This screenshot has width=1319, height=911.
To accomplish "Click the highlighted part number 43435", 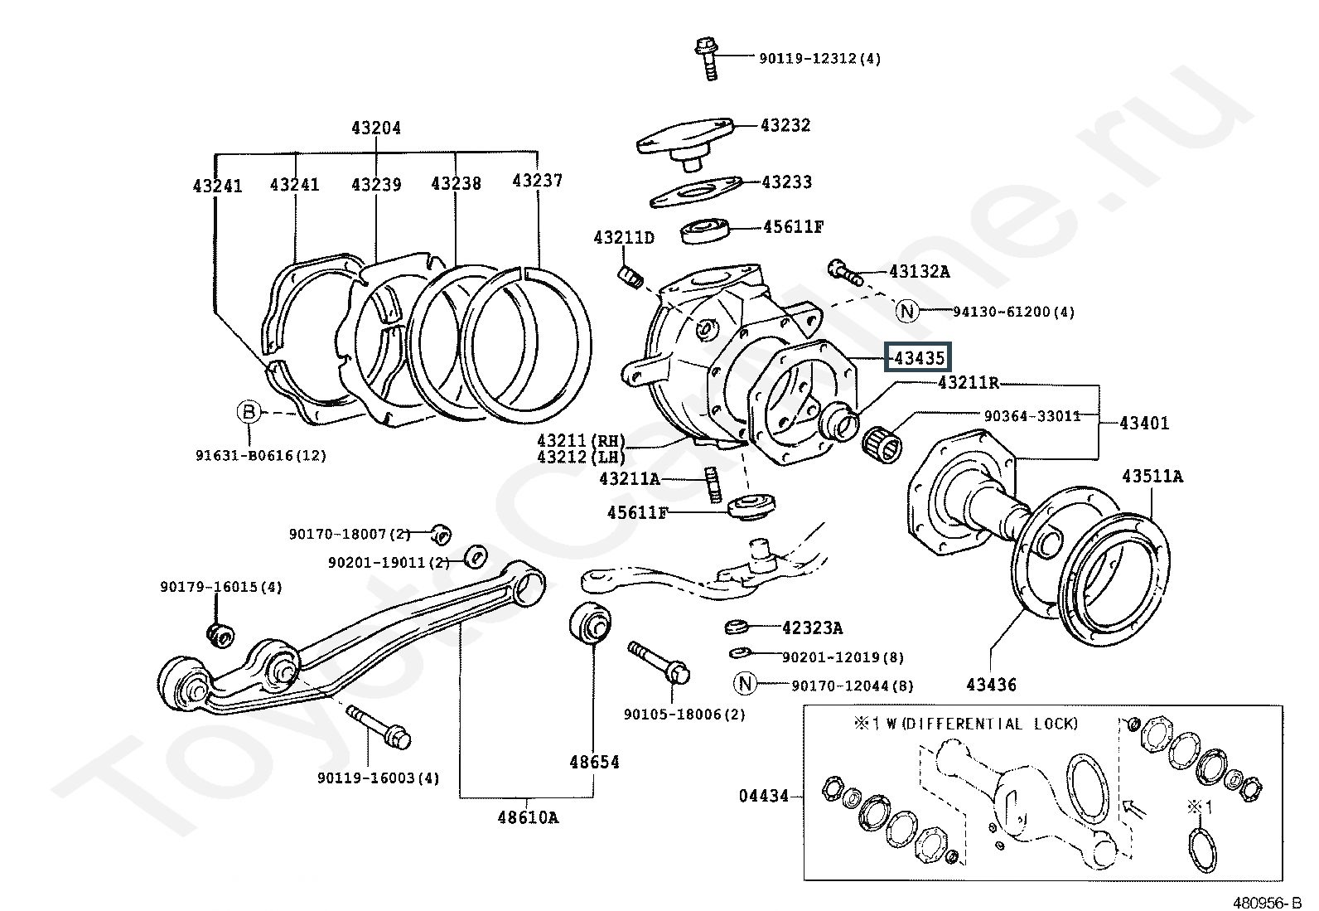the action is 919,357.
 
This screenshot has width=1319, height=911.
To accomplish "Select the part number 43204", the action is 375,128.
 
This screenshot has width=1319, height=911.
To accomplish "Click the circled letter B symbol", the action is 249,411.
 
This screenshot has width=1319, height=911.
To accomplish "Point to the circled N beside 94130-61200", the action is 907,311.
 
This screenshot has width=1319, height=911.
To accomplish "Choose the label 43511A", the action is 1152,476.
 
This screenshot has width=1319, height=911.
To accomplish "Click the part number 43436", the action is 991,685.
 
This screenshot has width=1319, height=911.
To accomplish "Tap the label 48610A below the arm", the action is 528,817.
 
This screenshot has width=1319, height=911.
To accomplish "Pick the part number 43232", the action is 785,125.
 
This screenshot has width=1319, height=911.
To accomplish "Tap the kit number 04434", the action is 763,796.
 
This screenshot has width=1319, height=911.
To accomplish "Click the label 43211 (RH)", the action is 581,440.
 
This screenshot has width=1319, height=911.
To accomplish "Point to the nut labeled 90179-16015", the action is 221,635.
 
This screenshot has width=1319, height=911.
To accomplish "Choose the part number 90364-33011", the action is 1032,416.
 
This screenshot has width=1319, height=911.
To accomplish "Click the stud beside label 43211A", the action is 713,484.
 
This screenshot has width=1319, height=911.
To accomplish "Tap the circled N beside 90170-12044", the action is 745,684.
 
